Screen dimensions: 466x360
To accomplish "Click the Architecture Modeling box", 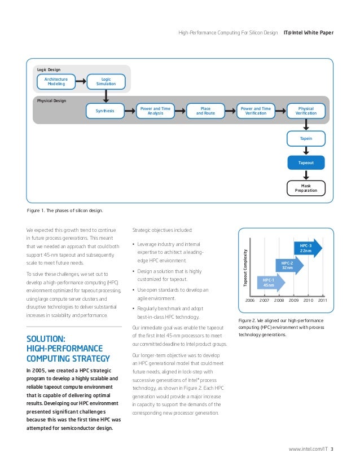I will coord(56,82).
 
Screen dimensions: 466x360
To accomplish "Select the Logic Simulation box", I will coord(106,82).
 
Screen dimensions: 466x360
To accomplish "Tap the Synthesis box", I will coord(106,111).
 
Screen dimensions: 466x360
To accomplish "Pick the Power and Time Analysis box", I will coord(155,111).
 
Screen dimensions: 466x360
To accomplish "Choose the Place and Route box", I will coord(205,111).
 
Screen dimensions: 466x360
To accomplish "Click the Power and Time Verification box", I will coord(255,111).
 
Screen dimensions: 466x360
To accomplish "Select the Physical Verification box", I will coord(306,111).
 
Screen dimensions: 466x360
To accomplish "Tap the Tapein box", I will coord(306,138).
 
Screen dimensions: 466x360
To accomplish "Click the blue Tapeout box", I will coord(306,162).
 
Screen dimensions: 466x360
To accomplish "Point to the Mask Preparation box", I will coord(306,188).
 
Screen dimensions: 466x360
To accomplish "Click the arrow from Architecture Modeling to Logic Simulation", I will coord(81,82).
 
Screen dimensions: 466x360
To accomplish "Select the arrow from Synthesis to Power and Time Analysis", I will coord(130,111).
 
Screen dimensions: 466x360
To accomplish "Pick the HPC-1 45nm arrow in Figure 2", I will coord(270,282).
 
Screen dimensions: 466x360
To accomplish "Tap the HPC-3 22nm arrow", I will coord(307,248).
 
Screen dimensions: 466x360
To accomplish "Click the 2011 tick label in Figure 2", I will coord(322,301).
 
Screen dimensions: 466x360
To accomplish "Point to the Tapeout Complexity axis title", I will coord(245,267).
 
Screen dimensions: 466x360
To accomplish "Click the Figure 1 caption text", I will coord(65,210).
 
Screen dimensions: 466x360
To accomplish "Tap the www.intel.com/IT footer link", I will coord(308,449).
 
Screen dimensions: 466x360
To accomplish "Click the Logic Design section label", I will coord(49,70).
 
